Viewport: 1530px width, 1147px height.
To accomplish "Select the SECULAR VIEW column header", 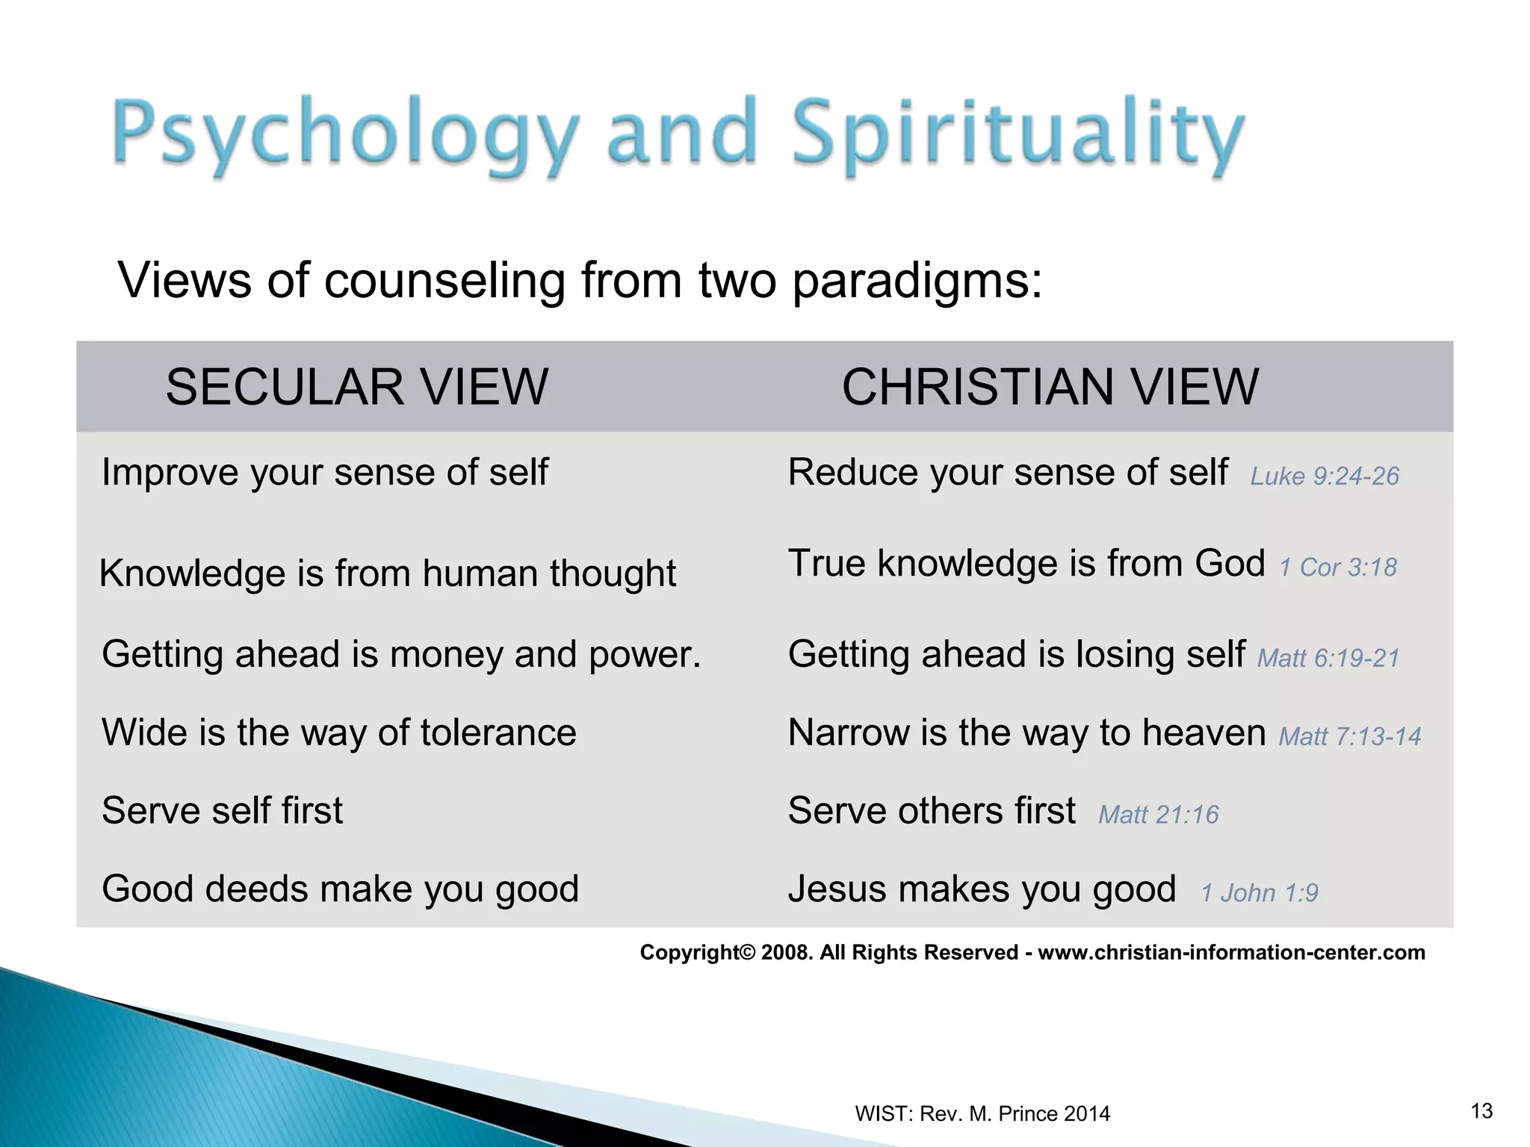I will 357,387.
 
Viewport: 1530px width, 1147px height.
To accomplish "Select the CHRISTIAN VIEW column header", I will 1050,387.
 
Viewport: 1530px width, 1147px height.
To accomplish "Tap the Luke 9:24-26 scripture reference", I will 1325,476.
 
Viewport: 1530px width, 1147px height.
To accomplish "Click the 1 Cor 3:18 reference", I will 1337,568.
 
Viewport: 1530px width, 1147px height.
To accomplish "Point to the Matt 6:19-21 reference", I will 1328,658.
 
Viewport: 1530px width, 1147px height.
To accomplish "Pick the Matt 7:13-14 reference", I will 1349,736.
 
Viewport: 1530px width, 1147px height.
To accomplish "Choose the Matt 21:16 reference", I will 1158,814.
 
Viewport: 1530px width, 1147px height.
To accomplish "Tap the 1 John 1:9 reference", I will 1259,892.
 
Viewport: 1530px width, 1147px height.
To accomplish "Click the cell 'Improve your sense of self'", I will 325,473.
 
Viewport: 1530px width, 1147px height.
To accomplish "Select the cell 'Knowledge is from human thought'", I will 387,573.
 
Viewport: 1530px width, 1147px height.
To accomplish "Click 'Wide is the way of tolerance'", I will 339,733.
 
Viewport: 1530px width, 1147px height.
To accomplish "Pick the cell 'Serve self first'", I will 223,811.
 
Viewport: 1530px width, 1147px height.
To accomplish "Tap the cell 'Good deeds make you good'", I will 341,889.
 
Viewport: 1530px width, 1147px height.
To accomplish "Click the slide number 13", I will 1481,1111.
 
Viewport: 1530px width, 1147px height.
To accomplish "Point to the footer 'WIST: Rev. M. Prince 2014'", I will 982,1113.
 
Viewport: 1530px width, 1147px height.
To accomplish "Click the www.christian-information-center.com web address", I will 1231,952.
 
